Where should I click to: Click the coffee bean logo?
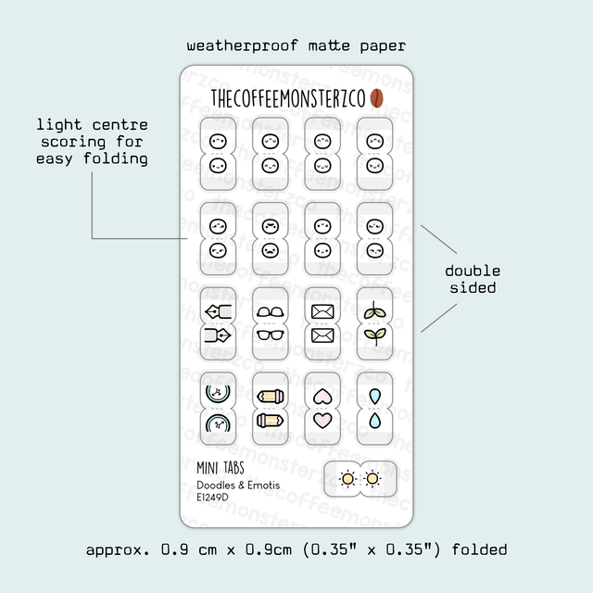point(377,98)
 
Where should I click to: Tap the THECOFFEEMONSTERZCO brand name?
point(288,98)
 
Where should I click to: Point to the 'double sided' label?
point(473,279)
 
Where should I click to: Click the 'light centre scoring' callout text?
point(93,142)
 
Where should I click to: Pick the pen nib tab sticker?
point(220,322)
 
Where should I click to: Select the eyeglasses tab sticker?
point(271,322)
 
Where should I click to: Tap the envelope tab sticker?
point(322,322)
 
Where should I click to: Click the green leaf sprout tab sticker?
point(374,322)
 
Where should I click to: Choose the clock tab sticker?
point(220,409)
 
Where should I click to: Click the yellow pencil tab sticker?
point(271,409)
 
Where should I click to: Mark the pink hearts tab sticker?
point(322,409)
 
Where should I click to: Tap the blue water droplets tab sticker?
point(374,409)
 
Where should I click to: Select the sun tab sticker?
point(360,478)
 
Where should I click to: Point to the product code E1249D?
point(213,498)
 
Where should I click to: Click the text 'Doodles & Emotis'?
point(238,485)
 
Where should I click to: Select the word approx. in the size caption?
point(116,549)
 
